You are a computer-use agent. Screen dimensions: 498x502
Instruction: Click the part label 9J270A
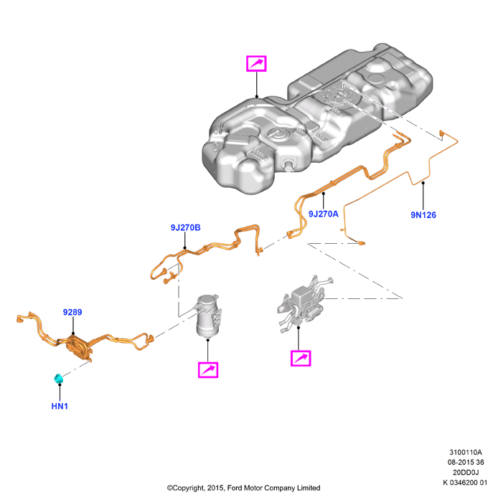pos(323,214)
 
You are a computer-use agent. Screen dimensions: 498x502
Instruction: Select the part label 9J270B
pos(185,227)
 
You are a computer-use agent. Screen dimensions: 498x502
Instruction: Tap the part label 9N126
pos(423,215)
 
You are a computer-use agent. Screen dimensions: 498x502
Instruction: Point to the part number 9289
pos(72,312)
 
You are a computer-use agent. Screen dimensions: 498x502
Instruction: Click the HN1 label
pos(60,406)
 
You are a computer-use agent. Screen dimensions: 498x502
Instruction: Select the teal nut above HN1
pos(59,379)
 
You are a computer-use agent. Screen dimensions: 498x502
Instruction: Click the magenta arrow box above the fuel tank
pos(256,63)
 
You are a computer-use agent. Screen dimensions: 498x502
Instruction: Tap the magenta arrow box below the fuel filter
pos(208,370)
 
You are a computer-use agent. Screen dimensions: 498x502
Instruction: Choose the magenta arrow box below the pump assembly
pos(301,358)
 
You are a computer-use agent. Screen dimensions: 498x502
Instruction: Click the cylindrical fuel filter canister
pos(209,316)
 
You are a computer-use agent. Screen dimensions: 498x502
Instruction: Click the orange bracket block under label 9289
pos(77,346)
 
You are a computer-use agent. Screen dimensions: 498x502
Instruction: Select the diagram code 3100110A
pos(465,452)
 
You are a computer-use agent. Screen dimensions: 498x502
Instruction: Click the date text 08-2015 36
pos(466,462)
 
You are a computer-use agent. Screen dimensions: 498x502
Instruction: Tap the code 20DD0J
pos(466,472)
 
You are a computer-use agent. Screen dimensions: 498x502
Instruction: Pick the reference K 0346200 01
pos(465,482)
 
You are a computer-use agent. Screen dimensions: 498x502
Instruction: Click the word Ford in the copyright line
pos(235,488)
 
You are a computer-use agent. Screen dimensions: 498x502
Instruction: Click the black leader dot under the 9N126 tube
pos(423,183)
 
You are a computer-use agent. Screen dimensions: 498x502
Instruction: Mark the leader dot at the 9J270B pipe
pos(185,248)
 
